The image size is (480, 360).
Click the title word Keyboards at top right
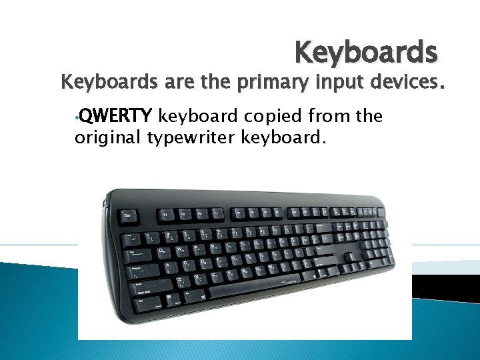pos(365,52)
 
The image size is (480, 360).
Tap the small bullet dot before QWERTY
pos(77,119)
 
